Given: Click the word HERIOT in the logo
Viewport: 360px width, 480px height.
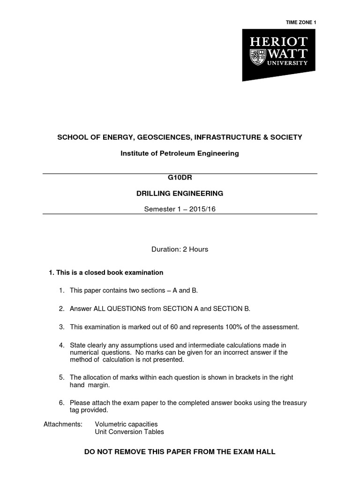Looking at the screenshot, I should (279, 41).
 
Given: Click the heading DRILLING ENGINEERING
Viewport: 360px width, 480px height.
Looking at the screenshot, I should (180, 193).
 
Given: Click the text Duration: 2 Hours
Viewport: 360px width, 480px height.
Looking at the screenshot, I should (180, 249).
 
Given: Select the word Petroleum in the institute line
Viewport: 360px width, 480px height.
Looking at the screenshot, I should (179, 153).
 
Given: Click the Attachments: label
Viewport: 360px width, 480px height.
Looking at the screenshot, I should (63, 424).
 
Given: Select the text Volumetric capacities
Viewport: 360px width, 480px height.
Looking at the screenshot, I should (126, 424).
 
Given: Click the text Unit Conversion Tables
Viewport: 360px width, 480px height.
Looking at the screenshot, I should (129, 432).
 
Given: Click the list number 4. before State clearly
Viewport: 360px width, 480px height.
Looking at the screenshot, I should (61, 345).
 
